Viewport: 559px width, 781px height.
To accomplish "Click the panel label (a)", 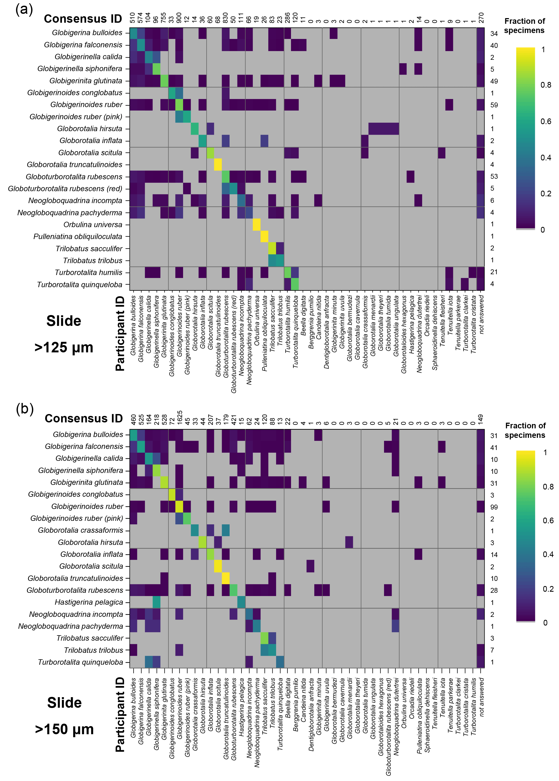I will coord(24,9).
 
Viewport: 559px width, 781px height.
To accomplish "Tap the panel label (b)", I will coord(25,409).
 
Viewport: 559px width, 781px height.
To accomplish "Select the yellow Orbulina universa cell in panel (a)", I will coord(256,224).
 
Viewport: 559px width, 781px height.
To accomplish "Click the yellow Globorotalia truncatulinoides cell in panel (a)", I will coord(218,164).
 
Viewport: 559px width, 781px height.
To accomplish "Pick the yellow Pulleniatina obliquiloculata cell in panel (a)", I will coord(264,236).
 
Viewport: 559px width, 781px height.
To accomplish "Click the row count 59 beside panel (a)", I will coord(494,105).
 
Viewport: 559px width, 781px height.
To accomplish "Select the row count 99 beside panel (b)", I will coord(494,507).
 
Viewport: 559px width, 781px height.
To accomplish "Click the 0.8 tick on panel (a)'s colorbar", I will coord(545,85).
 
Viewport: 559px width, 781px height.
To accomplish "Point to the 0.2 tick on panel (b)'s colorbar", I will coord(548,589).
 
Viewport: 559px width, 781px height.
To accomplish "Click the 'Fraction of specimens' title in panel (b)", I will coord(525,430).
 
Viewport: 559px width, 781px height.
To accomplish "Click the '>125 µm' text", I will coord(64,347).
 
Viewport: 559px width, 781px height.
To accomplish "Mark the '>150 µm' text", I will coord(64,729).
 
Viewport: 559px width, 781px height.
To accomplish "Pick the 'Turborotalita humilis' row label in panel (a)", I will coord(88,272).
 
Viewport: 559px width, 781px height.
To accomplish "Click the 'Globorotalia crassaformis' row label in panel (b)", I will coord(81,530).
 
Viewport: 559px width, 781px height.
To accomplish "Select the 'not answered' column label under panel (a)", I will coord(481,314).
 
